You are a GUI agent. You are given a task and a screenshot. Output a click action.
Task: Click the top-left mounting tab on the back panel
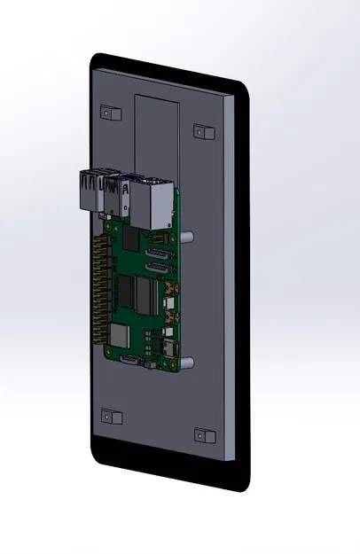[110, 113]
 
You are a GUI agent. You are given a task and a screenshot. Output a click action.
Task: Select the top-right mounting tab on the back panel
[204, 132]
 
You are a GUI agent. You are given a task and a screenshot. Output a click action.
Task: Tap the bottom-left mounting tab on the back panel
[110, 417]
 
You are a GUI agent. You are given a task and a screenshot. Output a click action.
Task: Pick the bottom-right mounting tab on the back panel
[204, 434]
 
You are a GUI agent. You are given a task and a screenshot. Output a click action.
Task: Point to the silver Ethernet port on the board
[154, 203]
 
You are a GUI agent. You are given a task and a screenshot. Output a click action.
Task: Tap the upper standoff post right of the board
[189, 238]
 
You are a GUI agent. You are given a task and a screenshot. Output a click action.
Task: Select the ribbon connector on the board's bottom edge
[129, 359]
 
